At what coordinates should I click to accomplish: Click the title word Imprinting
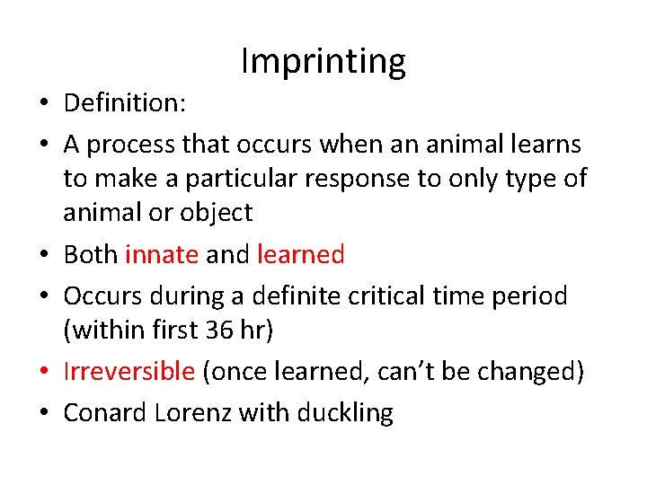coord(323,61)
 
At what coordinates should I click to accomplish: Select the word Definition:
coord(125,103)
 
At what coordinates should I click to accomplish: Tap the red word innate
coord(162,255)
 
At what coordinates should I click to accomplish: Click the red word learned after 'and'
coord(300,255)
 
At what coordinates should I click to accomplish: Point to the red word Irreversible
coord(129,372)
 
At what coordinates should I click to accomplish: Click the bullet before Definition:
coord(43,104)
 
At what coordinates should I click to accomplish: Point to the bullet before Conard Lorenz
coord(43,414)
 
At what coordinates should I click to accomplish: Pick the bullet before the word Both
coord(43,256)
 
